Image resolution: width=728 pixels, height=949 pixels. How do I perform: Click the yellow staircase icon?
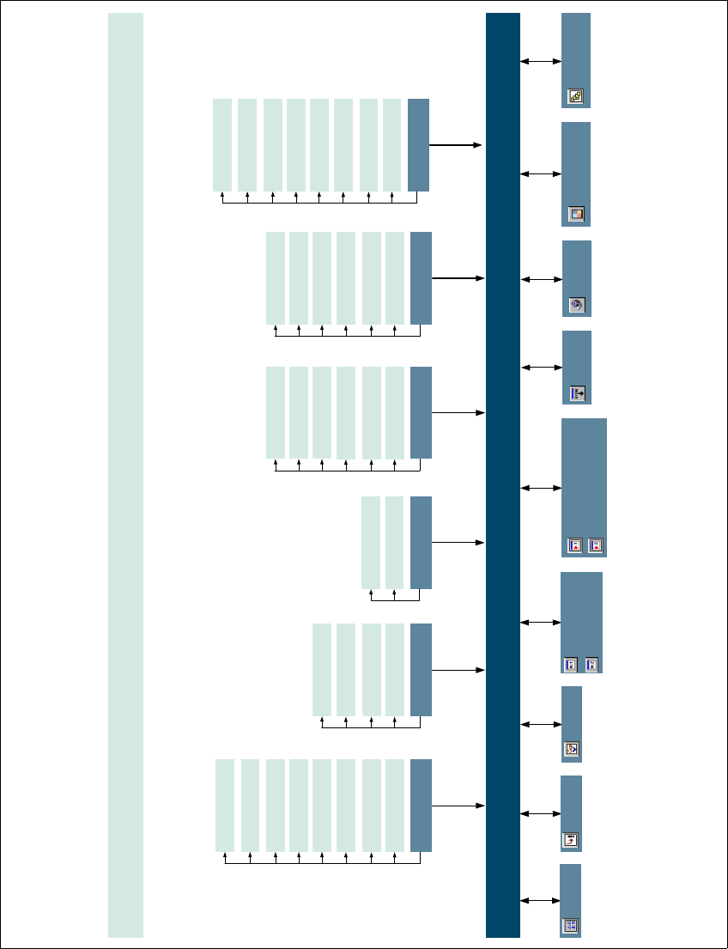click(575, 97)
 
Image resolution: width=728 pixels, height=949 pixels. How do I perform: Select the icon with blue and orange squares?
click(576, 215)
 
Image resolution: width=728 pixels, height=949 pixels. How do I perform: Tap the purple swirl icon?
click(577, 304)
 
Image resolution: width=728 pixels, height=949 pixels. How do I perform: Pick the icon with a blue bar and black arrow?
click(577, 393)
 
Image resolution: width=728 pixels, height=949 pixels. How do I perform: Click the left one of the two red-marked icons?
click(575, 544)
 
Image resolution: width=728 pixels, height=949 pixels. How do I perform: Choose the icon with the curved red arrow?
click(570, 840)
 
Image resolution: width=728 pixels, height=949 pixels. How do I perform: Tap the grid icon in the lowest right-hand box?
click(570, 926)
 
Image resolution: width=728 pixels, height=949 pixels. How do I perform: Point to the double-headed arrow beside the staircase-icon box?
click(540, 61)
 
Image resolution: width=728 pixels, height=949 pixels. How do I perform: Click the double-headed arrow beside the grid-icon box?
click(540, 900)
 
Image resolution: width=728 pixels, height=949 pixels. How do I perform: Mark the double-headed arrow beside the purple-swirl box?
click(540, 279)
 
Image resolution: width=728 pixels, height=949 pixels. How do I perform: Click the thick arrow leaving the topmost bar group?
click(456, 146)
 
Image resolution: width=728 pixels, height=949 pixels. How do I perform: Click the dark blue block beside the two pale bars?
click(421, 542)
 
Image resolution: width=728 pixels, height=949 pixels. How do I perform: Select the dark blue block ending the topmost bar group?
click(418, 144)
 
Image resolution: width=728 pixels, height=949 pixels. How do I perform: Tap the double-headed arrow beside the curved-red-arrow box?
click(540, 812)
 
